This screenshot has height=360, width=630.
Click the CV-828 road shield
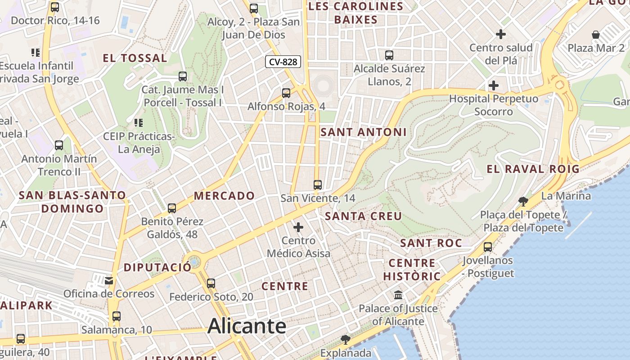[283, 62]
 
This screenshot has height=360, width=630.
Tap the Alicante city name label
[247, 326]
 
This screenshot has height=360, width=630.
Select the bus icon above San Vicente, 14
[318, 184]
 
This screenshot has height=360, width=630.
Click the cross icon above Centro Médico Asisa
[298, 227]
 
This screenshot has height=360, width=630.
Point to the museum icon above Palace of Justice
[398, 295]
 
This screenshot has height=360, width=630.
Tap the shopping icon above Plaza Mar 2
[596, 35]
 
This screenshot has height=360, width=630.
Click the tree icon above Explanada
[345, 339]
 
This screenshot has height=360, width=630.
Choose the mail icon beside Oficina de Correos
[109, 281]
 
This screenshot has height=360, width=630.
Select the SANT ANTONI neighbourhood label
[363, 132]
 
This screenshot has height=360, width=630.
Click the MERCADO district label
[224, 196]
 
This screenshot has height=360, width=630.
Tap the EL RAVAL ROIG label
[533, 169]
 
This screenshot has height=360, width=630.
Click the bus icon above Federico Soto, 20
[211, 283]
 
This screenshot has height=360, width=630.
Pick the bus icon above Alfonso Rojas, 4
[286, 93]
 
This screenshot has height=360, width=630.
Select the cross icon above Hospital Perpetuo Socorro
[494, 85]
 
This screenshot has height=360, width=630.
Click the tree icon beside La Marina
[523, 201]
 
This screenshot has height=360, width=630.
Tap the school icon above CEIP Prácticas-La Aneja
[139, 122]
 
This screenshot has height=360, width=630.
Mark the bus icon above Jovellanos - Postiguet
[488, 247]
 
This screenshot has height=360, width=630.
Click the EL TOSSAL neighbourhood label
[135, 58]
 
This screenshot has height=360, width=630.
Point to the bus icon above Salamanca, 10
[117, 316]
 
